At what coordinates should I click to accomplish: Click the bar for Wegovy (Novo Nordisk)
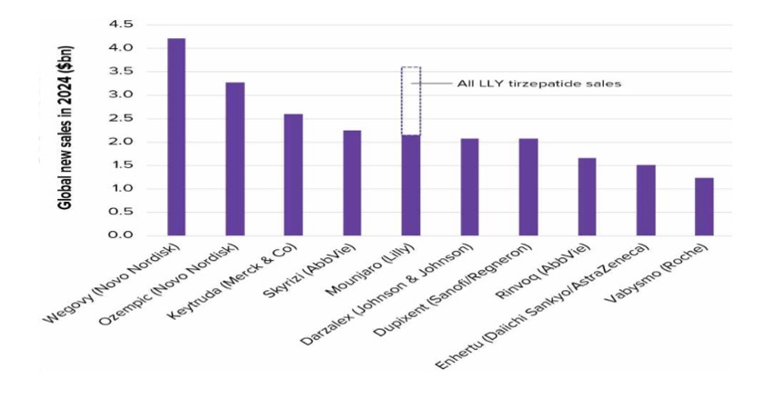coord(176,137)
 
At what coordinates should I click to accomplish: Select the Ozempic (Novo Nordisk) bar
coord(235,159)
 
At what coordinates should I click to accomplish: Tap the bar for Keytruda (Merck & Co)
coord(293,175)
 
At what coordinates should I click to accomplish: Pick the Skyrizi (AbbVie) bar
coord(352,183)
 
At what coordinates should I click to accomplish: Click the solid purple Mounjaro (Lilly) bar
coord(411,185)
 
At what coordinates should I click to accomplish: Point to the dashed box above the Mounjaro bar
coord(411,101)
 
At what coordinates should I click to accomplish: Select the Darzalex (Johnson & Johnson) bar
coord(469,187)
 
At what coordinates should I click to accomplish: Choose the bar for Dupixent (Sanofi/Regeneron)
coord(528,187)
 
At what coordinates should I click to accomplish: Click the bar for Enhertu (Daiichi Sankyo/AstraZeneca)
coord(646,200)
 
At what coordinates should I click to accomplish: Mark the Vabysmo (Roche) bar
coord(704,206)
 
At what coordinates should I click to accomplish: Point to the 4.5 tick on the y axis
coord(120,24)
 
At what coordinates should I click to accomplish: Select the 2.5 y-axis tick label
coord(120,118)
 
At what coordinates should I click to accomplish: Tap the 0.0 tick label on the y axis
coord(120,235)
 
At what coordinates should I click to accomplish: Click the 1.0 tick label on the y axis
coord(120,189)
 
